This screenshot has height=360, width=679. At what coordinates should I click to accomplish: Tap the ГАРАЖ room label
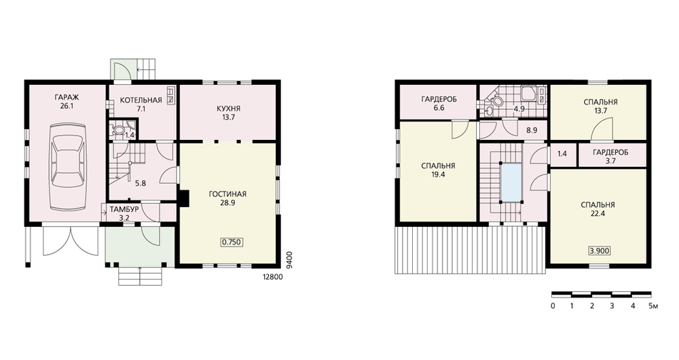[67, 97]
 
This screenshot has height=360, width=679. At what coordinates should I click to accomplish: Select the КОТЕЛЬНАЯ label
[141, 100]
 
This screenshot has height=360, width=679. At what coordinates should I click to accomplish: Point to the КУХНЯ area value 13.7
[228, 117]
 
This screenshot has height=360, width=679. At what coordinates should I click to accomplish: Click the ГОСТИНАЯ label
[227, 194]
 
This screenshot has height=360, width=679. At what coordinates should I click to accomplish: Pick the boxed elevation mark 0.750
[232, 242]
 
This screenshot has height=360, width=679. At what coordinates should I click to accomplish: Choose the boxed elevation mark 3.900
[600, 251]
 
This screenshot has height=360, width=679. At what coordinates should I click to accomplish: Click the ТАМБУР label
[124, 210]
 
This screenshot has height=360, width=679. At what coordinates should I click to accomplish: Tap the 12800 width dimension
[273, 277]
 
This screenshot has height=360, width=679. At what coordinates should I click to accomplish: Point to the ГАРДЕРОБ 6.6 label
[439, 103]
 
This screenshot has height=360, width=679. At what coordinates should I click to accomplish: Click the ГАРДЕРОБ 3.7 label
[610, 156]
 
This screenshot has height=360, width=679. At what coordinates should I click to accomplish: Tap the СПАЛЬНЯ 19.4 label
[438, 170]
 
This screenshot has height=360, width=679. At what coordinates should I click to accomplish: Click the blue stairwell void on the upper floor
[511, 183]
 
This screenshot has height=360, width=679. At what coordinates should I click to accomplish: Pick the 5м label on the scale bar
[653, 306]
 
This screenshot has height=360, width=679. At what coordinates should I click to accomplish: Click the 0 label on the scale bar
[553, 306]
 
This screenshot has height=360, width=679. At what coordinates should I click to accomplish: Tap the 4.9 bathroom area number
[519, 109]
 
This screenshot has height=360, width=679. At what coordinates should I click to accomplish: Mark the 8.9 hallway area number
[532, 130]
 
